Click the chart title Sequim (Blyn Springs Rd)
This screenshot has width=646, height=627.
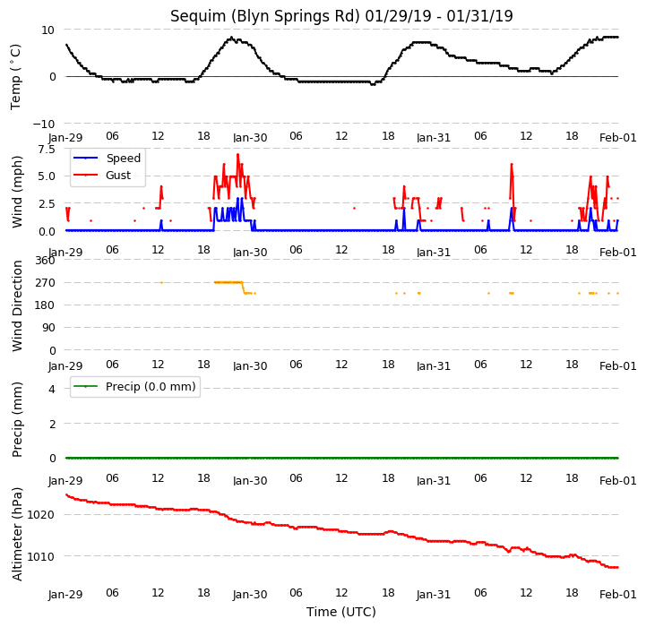[265, 16]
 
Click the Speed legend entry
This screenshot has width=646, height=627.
[107, 158]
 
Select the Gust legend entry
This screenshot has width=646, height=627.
[102, 175]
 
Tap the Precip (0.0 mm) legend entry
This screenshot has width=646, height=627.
[134, 386]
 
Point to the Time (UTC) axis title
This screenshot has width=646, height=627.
[341, 612]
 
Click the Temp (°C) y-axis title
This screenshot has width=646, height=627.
[15, 77]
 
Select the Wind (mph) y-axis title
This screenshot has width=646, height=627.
[17, 192]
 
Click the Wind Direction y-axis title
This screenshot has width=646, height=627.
[17, 305]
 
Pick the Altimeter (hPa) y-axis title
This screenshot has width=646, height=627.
[17, 535]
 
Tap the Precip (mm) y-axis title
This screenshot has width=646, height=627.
[17, 420]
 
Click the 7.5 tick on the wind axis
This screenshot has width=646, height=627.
[47, 149]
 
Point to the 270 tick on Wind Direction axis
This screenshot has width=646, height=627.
[46, 283]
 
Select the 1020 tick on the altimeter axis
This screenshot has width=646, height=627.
[41, 514]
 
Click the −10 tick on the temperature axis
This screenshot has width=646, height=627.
[44, 124]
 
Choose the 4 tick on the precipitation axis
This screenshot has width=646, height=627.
[52, 389]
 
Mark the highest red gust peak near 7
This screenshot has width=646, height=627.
[237, 155]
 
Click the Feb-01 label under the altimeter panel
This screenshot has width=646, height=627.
[617, 595]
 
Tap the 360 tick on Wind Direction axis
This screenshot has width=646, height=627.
[46, 261]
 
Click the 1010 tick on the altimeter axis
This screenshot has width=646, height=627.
[41, 556]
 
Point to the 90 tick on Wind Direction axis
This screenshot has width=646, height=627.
[48, 328]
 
